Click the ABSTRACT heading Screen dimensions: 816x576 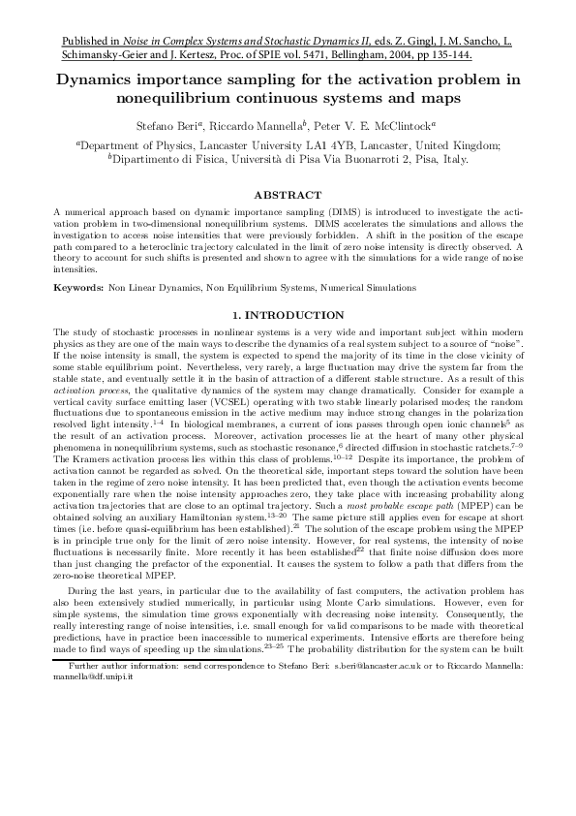pos(288,195)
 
